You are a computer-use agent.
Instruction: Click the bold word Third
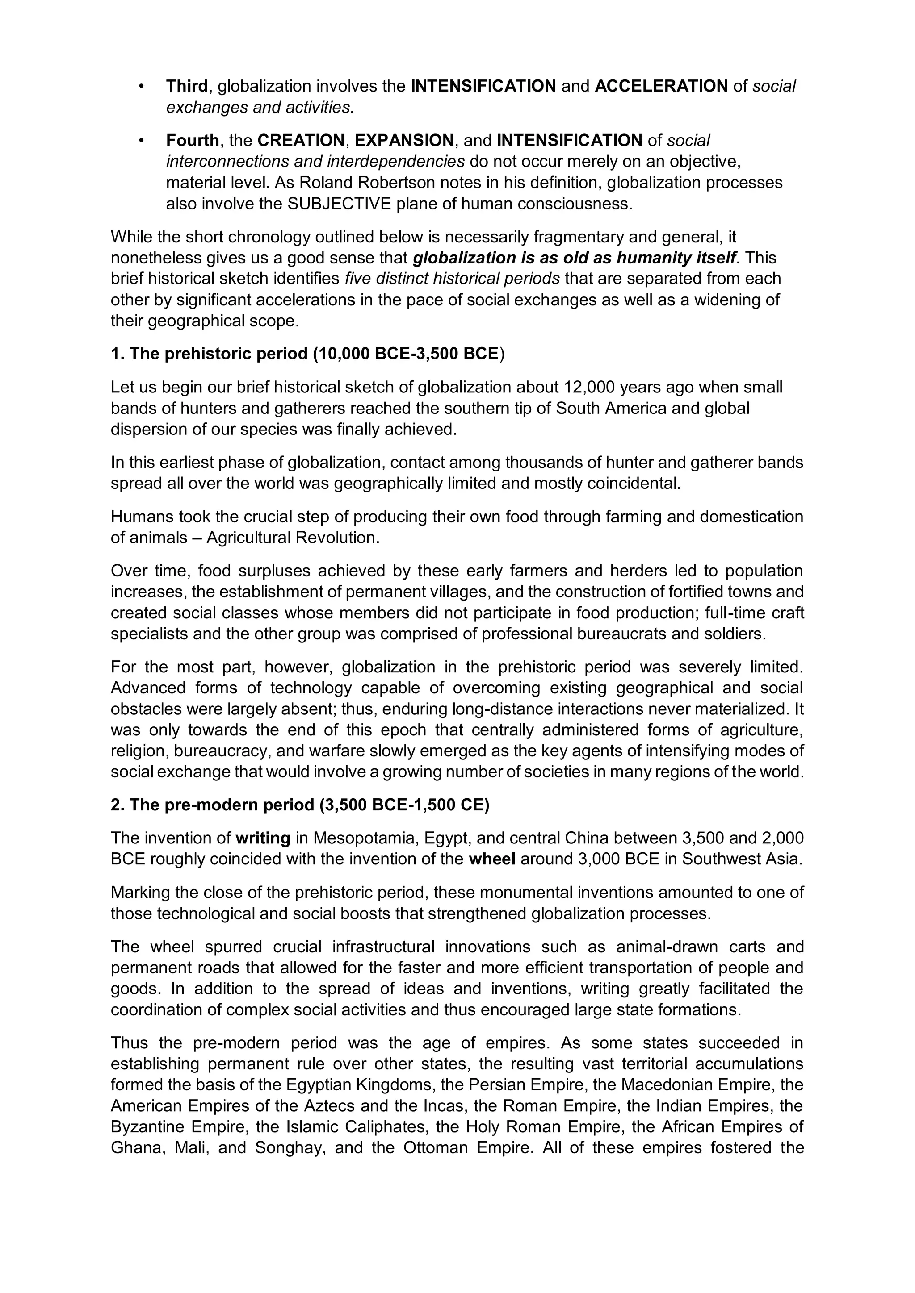186,86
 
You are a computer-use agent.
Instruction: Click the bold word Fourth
192,140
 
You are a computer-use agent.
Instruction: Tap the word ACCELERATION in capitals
661,86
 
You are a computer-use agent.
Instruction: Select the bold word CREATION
301,140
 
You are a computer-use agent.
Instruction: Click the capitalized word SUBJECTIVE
339,203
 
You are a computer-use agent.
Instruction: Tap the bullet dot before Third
142,86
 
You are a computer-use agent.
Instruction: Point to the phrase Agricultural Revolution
293,538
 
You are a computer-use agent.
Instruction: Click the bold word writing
263,838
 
